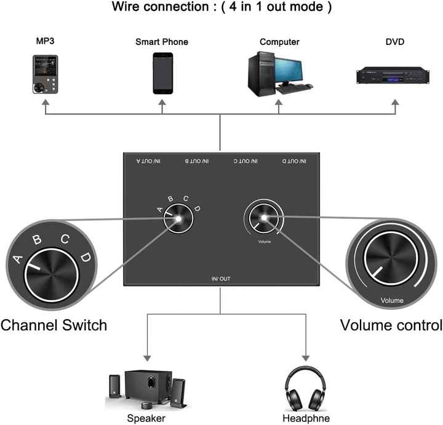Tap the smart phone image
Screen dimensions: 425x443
[162, 73]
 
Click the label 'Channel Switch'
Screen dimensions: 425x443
[54, 325]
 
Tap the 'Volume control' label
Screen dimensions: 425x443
[391, 325]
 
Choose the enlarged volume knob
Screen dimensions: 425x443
[392, 259]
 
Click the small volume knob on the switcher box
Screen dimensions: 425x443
[265, 218]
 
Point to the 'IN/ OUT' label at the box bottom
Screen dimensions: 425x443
[220, 279]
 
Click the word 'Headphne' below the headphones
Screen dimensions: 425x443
[303, 419]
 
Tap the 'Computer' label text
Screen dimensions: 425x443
[279, 42]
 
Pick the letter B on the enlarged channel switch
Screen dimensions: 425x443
[36, 240]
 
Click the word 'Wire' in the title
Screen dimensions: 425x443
[128, 8]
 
